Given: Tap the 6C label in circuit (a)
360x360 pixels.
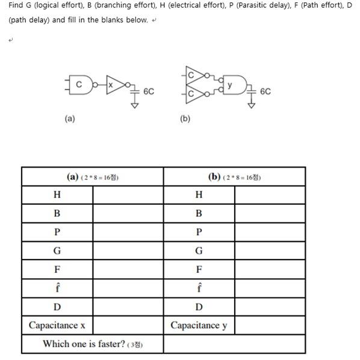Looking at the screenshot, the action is click(x=149, y=92).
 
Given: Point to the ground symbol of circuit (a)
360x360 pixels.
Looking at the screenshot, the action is click(x=135, y=104).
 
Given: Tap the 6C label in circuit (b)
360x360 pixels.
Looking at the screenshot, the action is click(x=265, y=92).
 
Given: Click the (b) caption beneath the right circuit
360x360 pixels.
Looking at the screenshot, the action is click(x=185, y=119).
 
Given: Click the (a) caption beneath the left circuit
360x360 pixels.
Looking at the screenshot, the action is click(x=70, y=119).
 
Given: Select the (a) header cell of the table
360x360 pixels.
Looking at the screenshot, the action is click(x=93, y=177).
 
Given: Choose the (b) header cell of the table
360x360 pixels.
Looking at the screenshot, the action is click(x=234, y=177).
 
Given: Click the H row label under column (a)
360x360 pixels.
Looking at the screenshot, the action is click(x=57, y=195).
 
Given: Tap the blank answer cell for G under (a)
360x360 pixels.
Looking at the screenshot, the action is click(x=128, y=250).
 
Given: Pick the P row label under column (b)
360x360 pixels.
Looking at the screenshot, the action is click(x=199, y=232).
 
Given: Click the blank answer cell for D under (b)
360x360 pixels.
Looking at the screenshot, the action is click(x=269, y=306).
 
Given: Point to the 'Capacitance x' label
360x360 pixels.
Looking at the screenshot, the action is click(x=57, y=326).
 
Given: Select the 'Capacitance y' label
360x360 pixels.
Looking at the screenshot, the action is click(x=199, y=326).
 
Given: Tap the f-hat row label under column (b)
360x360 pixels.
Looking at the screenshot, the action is click(x=199, y=287).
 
